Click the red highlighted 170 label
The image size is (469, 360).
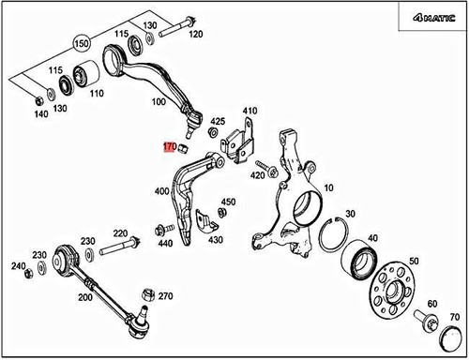tap(170, 147)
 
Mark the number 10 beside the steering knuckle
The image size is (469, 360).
tap(327, 188)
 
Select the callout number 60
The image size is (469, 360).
tap(431, 304)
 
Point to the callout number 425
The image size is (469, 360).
tap(218, 122)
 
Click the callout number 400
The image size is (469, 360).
tap(162, 192)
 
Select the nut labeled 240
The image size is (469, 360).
tap(27, 273)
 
